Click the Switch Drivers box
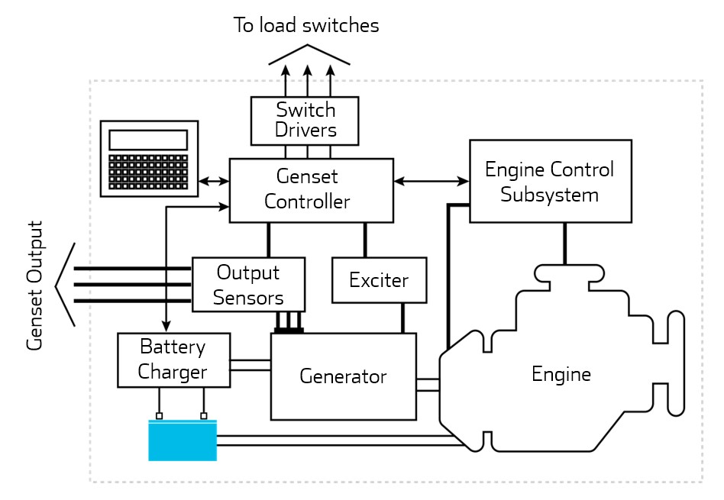[305, 121]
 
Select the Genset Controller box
[312, 190]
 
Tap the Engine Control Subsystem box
[550, 181]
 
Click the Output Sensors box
[248, 285]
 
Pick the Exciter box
[379, 280]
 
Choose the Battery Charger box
[173, 360]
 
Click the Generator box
[344, 376]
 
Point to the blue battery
[182, 440]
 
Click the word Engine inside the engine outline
[561, 375]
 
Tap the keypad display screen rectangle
[148, 140]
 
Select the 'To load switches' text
[306, 26]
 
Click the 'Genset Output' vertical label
[34, 285]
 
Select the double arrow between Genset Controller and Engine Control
[431, 181]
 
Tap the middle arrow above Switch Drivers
[308, 80]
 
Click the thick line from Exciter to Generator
[402, 318]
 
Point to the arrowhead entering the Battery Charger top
[166, 327]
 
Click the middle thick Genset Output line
[130, 285]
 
